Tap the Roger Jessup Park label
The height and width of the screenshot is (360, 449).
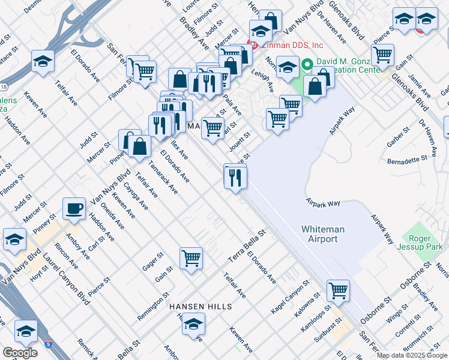click(423, 241)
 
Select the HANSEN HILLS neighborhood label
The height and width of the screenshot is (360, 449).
click(200, 307)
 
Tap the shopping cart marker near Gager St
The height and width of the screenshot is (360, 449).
click(191, 259)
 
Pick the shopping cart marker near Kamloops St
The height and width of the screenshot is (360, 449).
click(338, 291)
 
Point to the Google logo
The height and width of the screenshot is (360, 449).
click(19, 353)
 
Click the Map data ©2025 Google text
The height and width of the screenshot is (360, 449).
click(412, 355)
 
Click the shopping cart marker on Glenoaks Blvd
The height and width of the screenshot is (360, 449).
click(382, 55)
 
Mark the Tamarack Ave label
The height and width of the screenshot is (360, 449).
click(163, 178)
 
